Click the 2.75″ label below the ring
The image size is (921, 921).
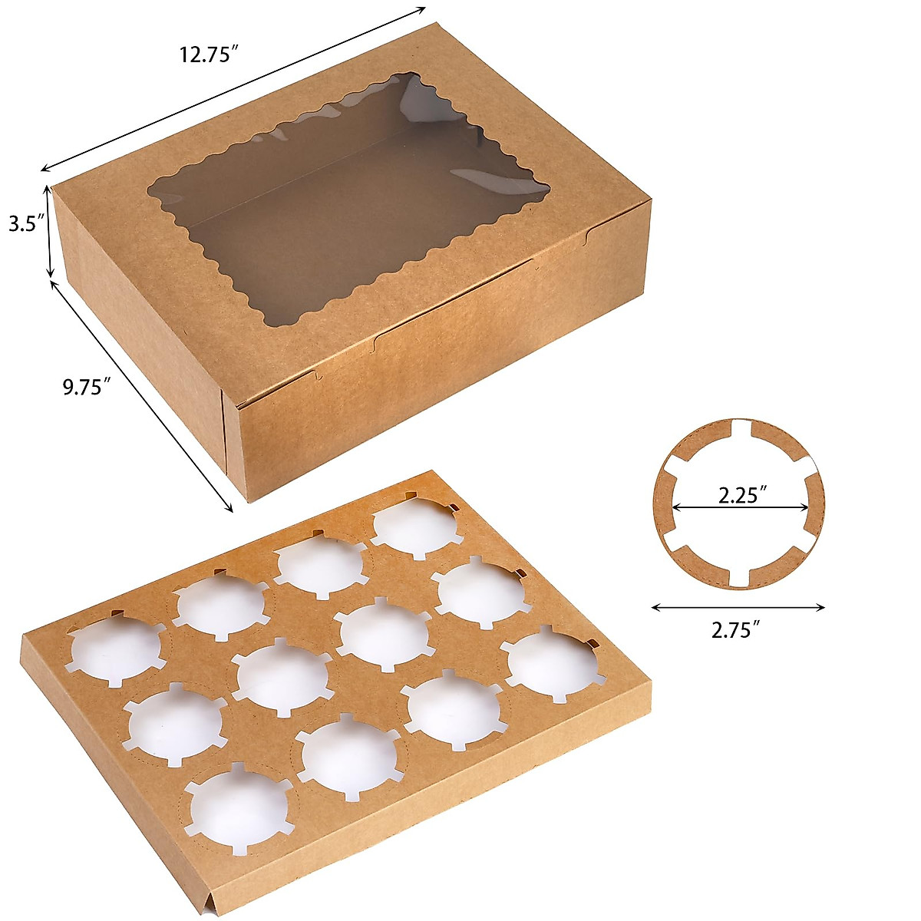pyautogui.click(x=738, y=631)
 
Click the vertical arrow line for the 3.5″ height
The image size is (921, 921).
pyautogui.click(x=50, y=230)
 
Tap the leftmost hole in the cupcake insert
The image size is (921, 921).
pyautogui.click(x=115, y=649)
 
